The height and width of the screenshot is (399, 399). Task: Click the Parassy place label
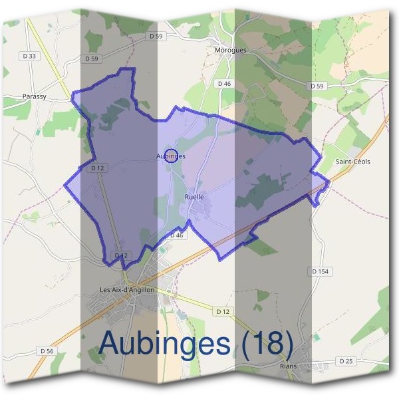[x=34, y=96]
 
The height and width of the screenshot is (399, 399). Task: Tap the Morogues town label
[x=231, y=50]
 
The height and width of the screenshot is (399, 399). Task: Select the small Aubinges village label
[x=171, y=156]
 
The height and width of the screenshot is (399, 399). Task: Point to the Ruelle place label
[x=194, y=197]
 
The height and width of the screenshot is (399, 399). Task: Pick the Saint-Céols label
[x=353, y=162]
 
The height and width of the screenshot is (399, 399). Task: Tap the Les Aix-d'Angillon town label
[x=126, y=289]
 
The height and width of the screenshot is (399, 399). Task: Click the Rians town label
[x=289, y=366]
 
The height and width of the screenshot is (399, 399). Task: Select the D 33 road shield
[x=29, y=57]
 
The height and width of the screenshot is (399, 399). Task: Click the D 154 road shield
[x=321, y=271]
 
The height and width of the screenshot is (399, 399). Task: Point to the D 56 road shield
[x=46, y=350]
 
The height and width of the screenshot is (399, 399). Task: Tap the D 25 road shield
[x=344, y=360]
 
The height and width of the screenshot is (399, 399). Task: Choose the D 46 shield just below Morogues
[x=224, y=84]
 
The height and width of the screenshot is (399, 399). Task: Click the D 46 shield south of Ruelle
[x=176, y=235]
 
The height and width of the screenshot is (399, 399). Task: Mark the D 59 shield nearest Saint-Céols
[x=317, y=86]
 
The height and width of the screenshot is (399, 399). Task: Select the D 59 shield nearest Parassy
[x=92, y=59]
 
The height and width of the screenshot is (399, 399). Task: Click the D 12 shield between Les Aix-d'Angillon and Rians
[x=222, y=311]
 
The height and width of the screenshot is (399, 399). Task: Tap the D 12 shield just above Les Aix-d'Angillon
[x=120, y=255]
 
